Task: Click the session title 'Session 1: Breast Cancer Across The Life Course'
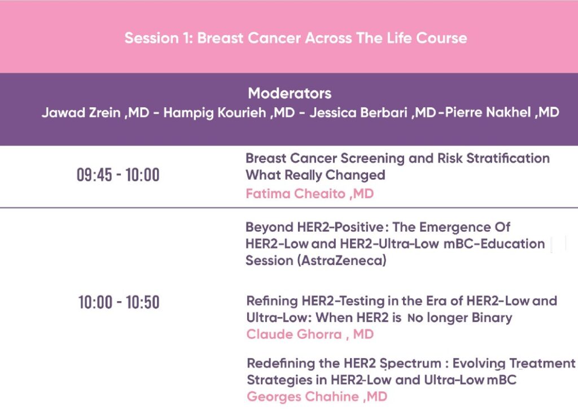pos(296,38)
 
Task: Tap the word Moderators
pos(290,93)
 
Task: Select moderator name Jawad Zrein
pos(81,112)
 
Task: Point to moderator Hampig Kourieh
pos(214,112)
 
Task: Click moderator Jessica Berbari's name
pos(358,112)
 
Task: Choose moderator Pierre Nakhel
pos(488,112)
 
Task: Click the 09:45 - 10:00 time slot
pos(118,175)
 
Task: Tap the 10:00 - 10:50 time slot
pos(119,302)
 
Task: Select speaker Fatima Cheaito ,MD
pos(310,194)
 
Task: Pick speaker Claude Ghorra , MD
pos(310,334)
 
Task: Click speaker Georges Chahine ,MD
pos(317,397)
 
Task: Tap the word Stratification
pos(508,158)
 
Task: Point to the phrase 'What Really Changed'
pos(316,175)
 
